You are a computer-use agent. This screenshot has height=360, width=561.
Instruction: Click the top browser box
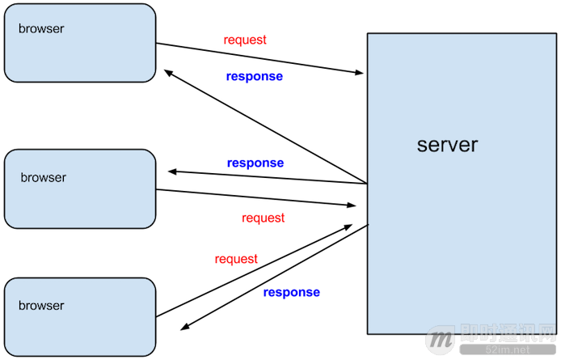pos(79,43)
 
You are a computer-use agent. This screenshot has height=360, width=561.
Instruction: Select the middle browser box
pos(79,188)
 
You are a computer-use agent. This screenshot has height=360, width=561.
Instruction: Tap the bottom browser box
pos(79,317)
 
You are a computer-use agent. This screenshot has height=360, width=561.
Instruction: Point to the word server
pos(447,146)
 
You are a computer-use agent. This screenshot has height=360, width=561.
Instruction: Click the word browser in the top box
pos(41,29)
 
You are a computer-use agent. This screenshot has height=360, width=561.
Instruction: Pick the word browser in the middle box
pos(44,177)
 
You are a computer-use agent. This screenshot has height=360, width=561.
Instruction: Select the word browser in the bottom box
pos(41,306)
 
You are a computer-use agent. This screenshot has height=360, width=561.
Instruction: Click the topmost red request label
pos(245,40)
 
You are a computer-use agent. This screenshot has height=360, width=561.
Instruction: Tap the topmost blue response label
pos(254,76)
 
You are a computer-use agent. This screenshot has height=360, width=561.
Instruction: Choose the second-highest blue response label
pos(255,163)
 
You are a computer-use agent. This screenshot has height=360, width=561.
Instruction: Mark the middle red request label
pos(264,218)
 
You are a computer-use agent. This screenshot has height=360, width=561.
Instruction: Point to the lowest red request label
pos(236,259)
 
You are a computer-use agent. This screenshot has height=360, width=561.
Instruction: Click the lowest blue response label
pos(291,292)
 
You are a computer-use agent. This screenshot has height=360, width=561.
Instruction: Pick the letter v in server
pos(454,146)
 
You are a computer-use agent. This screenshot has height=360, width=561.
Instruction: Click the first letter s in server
pos(422,146)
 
